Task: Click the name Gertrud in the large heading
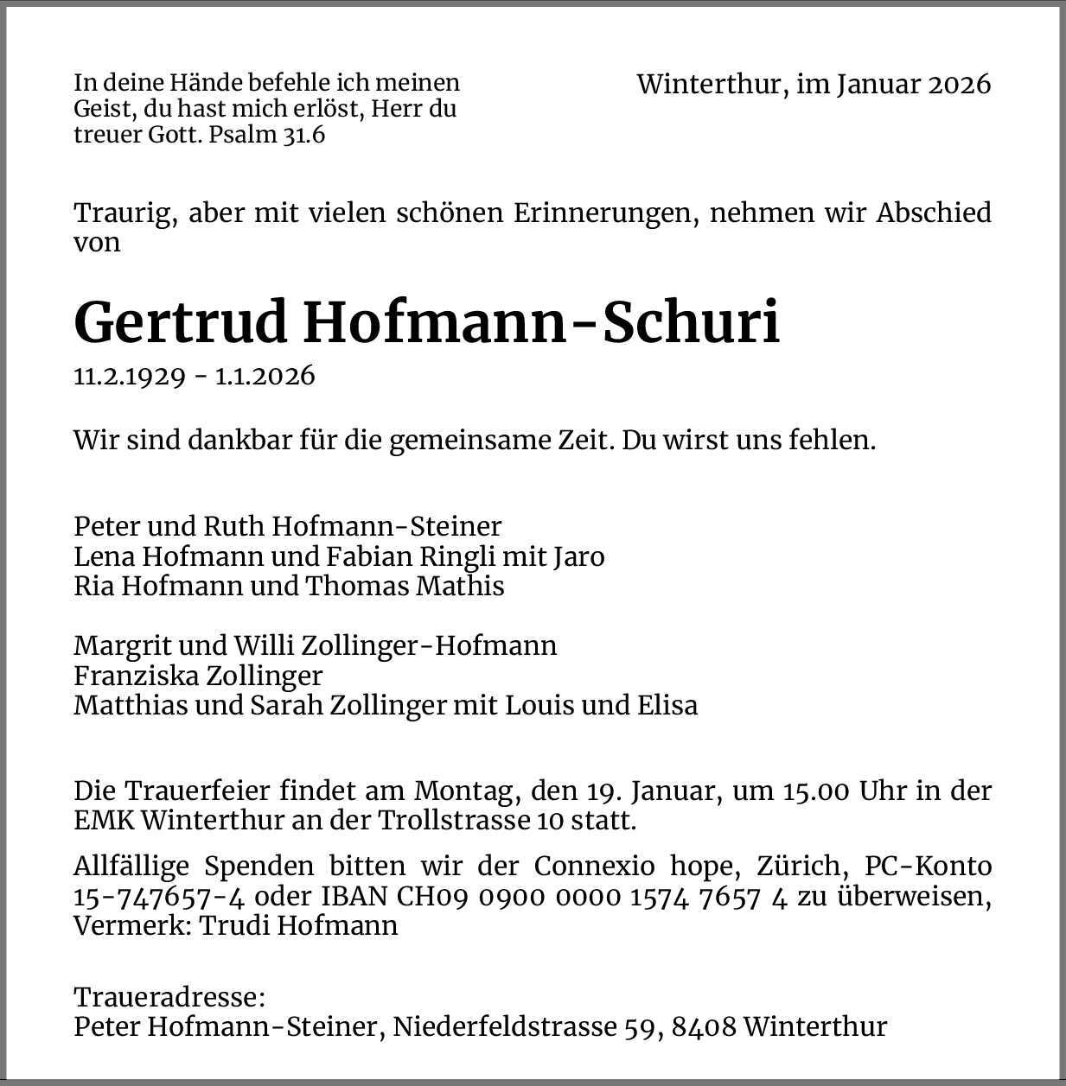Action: (180, 322)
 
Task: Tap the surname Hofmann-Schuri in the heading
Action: (541, 322)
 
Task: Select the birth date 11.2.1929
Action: (130, 377)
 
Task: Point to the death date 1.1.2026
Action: (265, 377)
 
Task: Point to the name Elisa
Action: (667, 705)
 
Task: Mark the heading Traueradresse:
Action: (169, 997)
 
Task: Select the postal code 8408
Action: (704, 1026)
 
